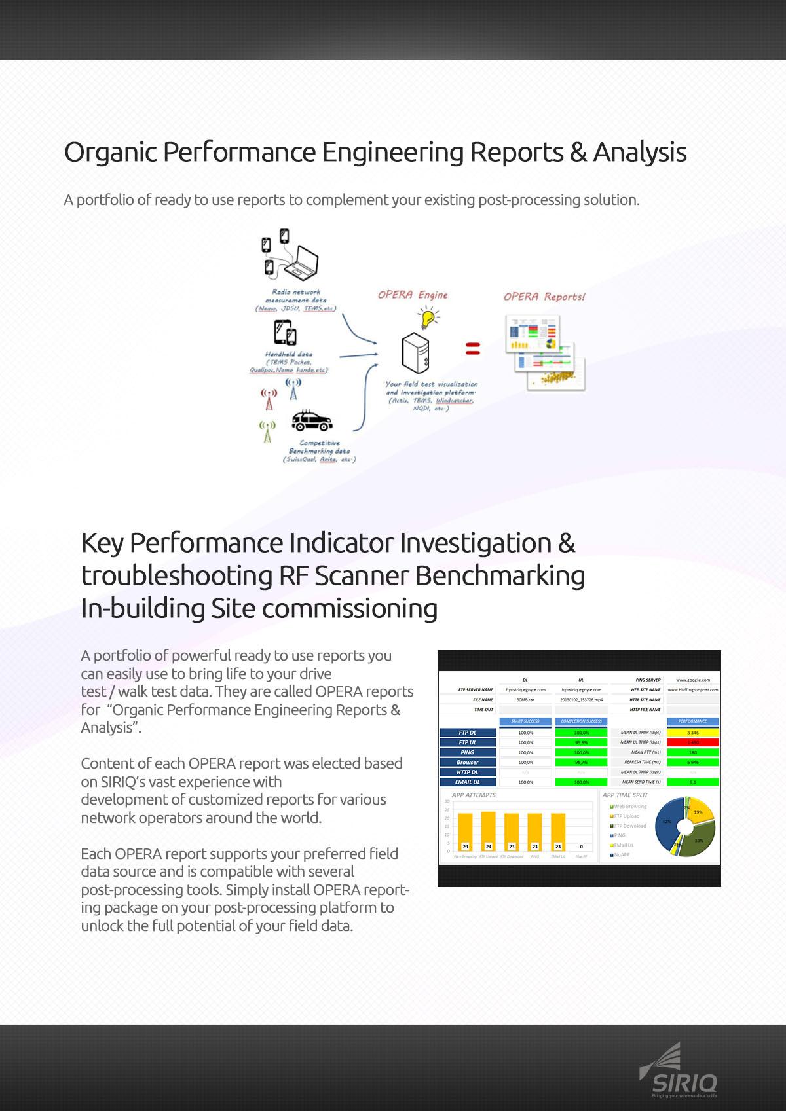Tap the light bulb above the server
[428, 318]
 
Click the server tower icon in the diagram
[415, 352]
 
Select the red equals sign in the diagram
[472, 349]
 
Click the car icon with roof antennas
[312, 421]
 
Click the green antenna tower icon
[267, 431]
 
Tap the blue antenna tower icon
[293, 389]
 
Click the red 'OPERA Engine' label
[413, 295]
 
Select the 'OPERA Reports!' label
[544, 297]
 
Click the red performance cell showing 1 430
[692, 742]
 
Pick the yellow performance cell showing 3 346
[692, 733]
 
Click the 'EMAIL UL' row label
[468, 782]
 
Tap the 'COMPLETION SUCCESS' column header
[581, 721]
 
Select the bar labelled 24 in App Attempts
[489, 831]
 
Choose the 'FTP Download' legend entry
[629, 826]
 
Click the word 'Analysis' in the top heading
[639, 153]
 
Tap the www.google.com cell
[692, 680]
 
